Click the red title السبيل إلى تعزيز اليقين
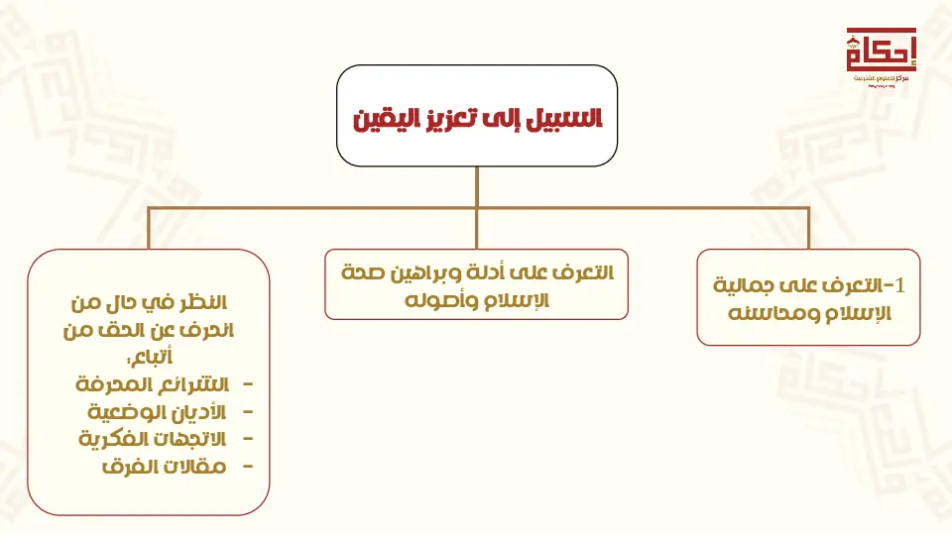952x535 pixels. pos(477,118)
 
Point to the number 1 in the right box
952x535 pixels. pos(899,284)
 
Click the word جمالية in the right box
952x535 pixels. pos(743,285)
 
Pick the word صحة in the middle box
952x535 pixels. pos(363,272)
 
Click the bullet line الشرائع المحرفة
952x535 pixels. pos(152,384)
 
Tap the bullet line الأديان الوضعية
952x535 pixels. pos(157,412)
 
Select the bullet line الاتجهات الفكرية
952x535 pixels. pos(152,439)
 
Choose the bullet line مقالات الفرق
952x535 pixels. pos(164,467)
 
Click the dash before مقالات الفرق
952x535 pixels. pos(247,467)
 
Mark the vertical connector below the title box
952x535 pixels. pos(477,187)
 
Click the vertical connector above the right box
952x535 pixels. pos(809,229)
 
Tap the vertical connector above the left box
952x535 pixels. pos(149,229)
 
